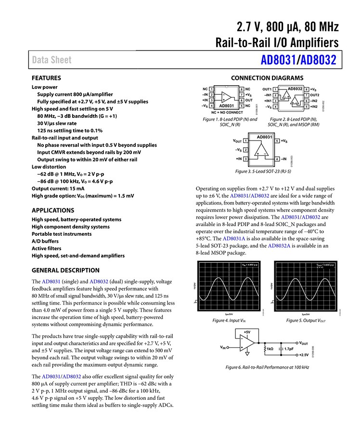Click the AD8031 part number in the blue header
point(278,60)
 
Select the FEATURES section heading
point(46,78)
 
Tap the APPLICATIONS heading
point(53,210)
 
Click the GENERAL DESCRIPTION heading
point(65,270)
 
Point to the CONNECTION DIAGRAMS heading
point(267,78)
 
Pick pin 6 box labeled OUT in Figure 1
point(241,100)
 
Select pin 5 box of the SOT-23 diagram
point(277,141)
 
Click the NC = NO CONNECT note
point(227,112)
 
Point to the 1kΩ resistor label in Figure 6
point(270,348)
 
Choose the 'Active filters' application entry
point(47,248)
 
